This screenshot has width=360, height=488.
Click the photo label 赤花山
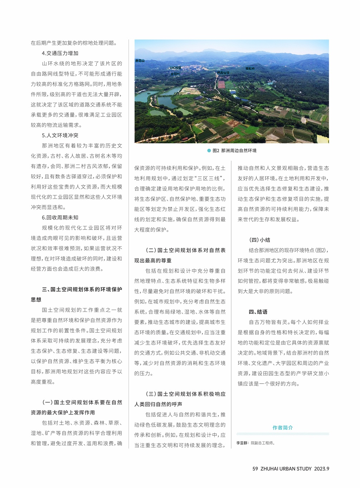[x=140, y=61]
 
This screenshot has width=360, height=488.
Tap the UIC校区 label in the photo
[x=175, y=68]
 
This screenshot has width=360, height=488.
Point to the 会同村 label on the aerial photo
[x=175, y=74]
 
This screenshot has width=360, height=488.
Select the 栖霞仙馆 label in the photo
[x=223, y=73]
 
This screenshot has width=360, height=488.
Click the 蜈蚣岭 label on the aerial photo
[x=250, y=68]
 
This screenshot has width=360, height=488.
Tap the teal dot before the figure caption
[x=209, y=151]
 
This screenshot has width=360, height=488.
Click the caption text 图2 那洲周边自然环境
[x=234, y=151]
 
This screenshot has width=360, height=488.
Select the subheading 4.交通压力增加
[x=60, y=53]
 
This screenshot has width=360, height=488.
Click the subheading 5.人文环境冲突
[x=60, y=135]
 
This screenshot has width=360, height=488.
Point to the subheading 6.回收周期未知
[x=60, y=218]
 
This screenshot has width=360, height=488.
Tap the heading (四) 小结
[x=260, y=240]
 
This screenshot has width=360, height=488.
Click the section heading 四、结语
[x=258, y=312]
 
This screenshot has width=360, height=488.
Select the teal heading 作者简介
[x=282, y=428]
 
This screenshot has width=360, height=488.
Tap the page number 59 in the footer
[x=255, y=469]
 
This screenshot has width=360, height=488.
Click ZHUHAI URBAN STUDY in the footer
[x=286, y=469]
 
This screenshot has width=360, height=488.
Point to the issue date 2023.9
[x=322, y=469]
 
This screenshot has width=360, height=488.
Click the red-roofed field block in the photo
[x=222, y=85]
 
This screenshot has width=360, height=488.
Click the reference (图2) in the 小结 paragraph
[x=321, y=251]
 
